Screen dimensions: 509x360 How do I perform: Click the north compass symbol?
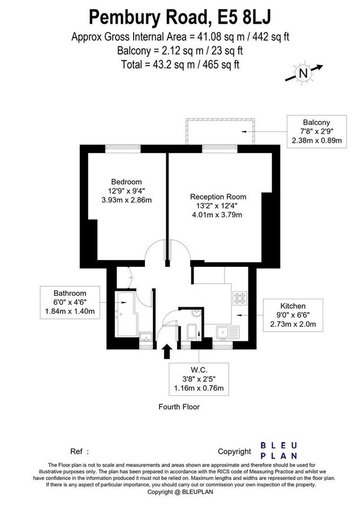click(x=303, y=72)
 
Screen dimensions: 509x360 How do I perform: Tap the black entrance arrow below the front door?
click(x=167, y=351)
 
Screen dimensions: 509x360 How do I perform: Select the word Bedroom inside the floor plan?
click(x=126, y=182)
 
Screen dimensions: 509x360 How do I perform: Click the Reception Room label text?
click(x=218, y=197)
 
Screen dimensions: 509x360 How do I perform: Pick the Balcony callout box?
click(x=316, y=131)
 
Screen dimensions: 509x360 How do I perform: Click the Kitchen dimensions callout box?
click(x=293, y=314)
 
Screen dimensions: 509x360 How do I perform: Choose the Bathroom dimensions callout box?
click(x=70, y=303)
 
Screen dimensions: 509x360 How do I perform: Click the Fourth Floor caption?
click(x=179, y=407)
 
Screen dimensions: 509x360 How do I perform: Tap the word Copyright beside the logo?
click(x=234, y=451)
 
